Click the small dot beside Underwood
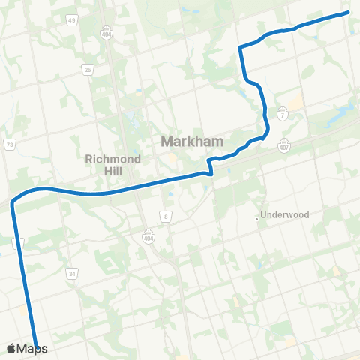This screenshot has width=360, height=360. (x=257, y=218)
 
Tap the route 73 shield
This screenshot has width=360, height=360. (x=9, y=144)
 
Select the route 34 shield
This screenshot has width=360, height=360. (x=72, y=274)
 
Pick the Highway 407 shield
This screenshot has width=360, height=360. (x=283, y=144)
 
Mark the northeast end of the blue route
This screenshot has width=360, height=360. (x=348, y=12)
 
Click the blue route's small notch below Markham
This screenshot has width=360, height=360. (x=211, y=171)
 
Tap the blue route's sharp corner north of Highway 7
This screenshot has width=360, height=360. (x=239, y=48)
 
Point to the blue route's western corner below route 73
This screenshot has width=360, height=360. (x=13, y=203)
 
